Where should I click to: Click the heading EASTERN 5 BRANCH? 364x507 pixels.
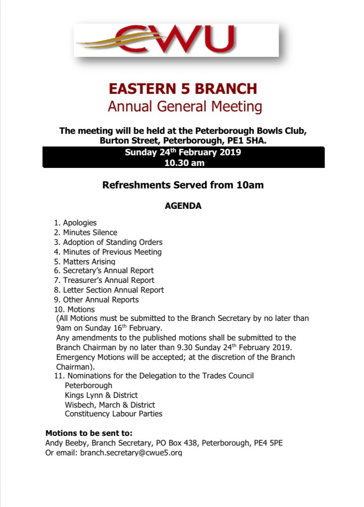[182, 89]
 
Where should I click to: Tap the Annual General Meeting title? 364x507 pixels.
[184, 106]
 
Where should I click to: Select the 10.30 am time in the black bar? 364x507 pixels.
[184, 162]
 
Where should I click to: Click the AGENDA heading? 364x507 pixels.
[183, 206]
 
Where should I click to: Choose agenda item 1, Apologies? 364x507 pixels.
[75, 223]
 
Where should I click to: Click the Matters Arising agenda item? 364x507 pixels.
[85, 261]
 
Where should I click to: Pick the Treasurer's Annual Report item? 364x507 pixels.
[104, 280]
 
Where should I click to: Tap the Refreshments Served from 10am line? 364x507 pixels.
[183, 185]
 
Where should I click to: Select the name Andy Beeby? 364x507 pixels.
[62, 443]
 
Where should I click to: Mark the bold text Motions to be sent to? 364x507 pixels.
[89, 433]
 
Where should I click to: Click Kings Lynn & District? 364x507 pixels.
[101, 395]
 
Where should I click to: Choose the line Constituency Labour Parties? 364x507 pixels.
[113, 414]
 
